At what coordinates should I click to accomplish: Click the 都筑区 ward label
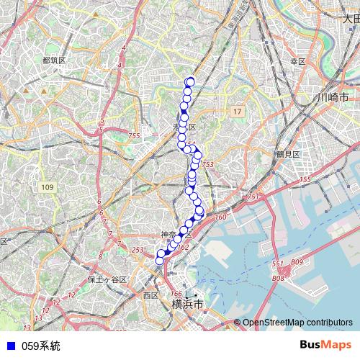pyautogui.click(x=54, y=60)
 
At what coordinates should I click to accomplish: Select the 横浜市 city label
pyautogui.click(x=188, y=305)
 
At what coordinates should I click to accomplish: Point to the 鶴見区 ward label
pyautogui.click(x=287, y=154)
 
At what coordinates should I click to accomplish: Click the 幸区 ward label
pyautogui.click(x=298, y=62)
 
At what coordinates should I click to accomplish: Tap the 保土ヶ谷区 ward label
pyautogui.click(x=107, y=279)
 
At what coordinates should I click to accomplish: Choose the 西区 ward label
pyautogui.click(x=150, y=295)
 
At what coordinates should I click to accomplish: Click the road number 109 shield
pyautogui.click(x=48, y=187)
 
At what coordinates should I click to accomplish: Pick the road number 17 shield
pyautogui.click(x=238, y=112)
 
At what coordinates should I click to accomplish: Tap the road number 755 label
pyautogui.click(x=134, y=136)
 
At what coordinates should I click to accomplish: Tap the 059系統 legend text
pyautogui.click(x=41, y=346)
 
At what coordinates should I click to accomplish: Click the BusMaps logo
pyautogui.click(x=325, y=346)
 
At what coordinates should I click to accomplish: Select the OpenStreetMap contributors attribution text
pyautogui.click(x=297, y=323)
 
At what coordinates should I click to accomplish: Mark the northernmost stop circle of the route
pyautogui.click(x=191, y=81)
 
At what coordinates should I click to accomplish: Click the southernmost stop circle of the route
pyautogui.click(x=160, y=261)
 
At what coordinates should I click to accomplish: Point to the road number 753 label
pyautogui.click(x=208, y=165)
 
